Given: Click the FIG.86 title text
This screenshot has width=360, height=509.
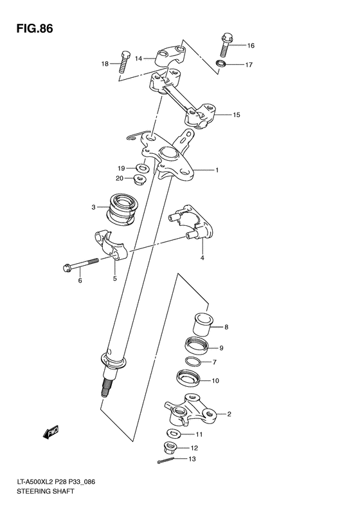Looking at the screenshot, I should [31, 28].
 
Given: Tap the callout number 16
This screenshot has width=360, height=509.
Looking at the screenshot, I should [251, 46].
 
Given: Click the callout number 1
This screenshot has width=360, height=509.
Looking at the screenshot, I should [217, 171].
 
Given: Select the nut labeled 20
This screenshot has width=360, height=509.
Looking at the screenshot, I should [139, 179].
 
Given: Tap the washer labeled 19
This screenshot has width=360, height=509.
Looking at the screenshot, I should [145, 168].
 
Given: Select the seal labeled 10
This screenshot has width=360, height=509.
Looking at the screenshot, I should [188, 380].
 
